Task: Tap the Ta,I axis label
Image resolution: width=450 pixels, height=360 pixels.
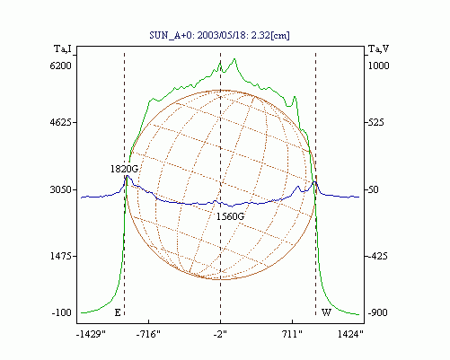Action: tap(63, 48)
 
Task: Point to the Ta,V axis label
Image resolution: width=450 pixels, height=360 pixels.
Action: tap(378, 48)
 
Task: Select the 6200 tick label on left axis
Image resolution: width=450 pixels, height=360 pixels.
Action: tap(61, 66)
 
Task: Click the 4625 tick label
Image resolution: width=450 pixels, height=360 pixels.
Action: tap(61, 122)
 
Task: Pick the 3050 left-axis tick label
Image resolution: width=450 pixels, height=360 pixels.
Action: tap(61, 189)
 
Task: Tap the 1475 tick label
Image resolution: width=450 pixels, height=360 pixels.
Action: tap(61, 256)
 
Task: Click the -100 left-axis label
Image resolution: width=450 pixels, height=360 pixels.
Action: tap(62, 312)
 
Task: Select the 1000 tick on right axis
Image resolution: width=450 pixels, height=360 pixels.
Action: tap(378, 66)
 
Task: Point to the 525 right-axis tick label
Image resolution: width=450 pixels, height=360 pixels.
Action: tap(375, 122)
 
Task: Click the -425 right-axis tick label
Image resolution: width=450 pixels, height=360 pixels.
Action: tap(377, 256)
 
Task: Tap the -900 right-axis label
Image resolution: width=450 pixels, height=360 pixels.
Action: tap(377, 312)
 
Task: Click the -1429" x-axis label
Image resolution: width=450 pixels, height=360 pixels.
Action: tap(91, 334)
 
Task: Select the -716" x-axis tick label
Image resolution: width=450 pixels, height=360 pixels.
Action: tap(148, 334)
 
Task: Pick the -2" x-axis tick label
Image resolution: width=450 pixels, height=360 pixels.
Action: tap(219, 334)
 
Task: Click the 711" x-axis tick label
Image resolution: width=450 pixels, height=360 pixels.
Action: tap(292, 334)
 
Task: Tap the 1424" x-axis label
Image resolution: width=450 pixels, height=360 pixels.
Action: tap(350, 334)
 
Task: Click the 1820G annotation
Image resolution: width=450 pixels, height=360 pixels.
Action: tap(124, 169)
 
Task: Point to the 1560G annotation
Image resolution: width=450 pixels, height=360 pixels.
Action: tap(230, 216)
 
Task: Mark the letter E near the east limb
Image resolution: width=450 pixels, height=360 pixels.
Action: tap(118, 312)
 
